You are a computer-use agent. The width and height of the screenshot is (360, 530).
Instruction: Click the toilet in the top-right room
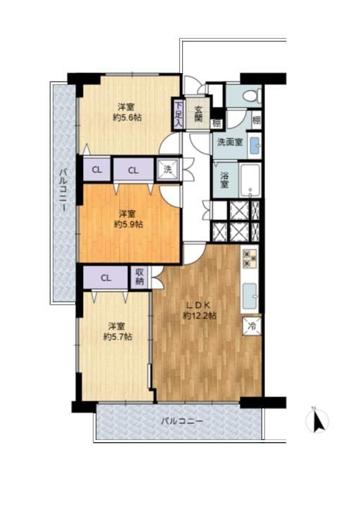point(252,96)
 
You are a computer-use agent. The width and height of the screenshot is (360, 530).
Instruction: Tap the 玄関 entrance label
point(198,113)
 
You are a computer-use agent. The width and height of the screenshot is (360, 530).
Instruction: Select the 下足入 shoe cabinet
point(178,114)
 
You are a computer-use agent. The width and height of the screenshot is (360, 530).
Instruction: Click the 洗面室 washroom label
point(230,142)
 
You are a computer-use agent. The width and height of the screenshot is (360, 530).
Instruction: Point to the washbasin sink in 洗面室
point(255,146)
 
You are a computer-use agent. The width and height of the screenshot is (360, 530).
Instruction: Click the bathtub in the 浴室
point(250,181)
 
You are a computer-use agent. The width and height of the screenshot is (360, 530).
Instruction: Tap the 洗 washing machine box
point(168,169)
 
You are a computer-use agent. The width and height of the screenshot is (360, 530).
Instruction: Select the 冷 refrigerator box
point(252,326)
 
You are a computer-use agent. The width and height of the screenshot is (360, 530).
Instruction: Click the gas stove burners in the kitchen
point(250,258)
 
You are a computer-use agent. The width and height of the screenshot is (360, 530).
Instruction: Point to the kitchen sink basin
point(250,296)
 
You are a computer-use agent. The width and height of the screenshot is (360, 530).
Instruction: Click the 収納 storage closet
point(139,278)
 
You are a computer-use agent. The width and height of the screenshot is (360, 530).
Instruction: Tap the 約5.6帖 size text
point(127,118)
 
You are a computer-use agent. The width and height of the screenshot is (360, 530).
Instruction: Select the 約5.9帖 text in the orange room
point(129,224)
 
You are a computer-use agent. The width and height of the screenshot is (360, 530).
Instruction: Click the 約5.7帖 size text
point(117,337)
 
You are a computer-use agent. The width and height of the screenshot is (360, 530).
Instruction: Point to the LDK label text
point(199,305)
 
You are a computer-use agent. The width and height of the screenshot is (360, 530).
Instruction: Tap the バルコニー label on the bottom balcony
point(181,421)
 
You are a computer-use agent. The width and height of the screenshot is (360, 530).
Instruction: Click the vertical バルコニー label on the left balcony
point(63,190)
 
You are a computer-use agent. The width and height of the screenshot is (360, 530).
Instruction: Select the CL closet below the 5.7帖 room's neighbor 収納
point(105,278)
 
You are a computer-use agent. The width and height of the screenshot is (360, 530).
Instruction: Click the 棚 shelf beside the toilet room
point(257,119)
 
